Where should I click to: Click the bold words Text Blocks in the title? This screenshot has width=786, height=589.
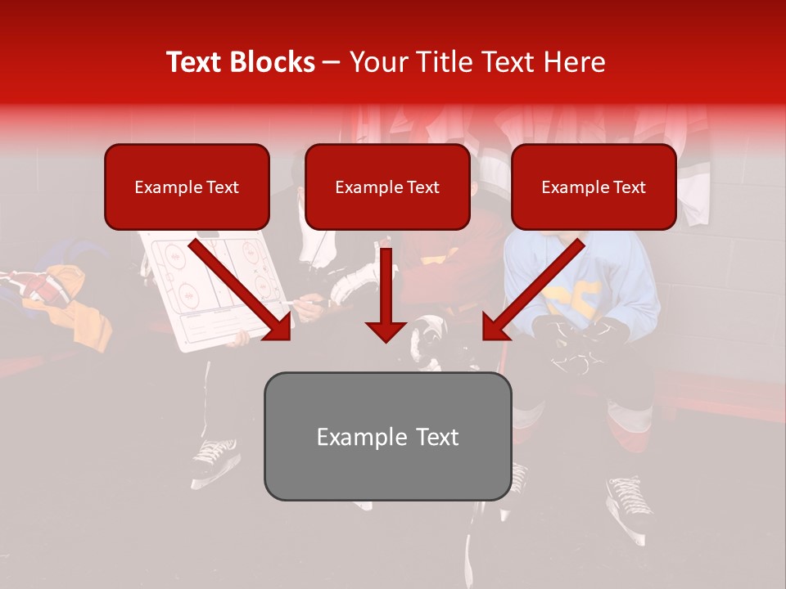[x=241, y=62]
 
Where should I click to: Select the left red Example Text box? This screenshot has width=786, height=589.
[x=187, y=187]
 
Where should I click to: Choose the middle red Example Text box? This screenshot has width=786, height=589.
[x=387, y=187]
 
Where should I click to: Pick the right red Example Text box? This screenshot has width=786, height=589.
[x=594, y=187]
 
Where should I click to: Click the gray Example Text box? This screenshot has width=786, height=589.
[x=387, y=437]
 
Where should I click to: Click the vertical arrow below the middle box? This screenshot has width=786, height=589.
[x=386, y=295]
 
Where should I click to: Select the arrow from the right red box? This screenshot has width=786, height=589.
[x=532, y=290]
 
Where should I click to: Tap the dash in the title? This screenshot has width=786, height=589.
[x=332, y=62]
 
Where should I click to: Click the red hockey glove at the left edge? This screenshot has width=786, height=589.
[x=41, y=288]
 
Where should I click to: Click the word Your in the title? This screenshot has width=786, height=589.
[x=377, y=62]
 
